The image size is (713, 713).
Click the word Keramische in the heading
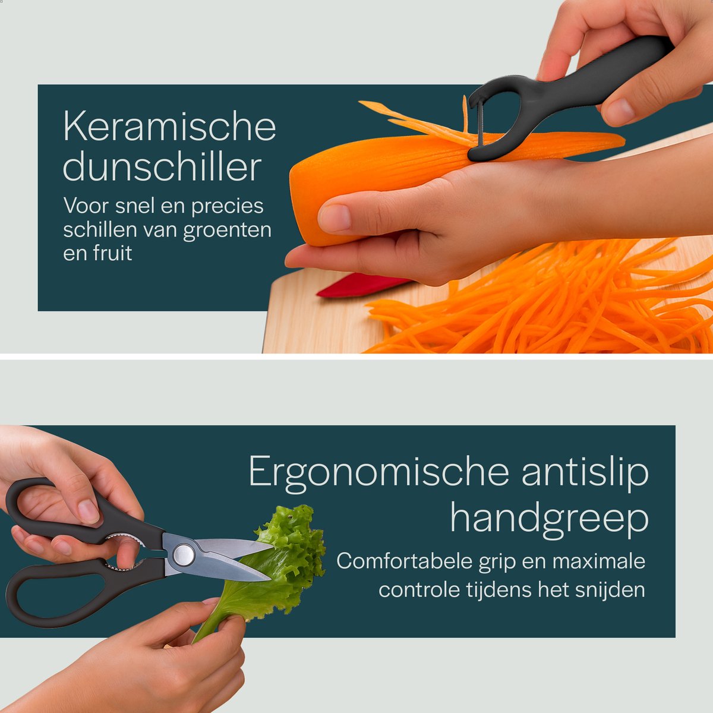click(169, 126)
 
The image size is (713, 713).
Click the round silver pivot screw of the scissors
click(184, 555)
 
